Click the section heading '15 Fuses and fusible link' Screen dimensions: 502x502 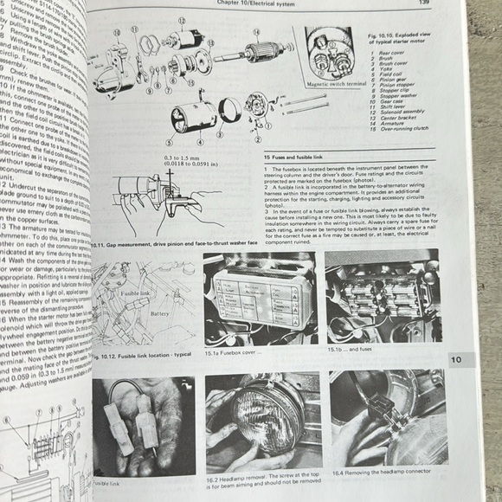pyautogui.click(x=294, y=153)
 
